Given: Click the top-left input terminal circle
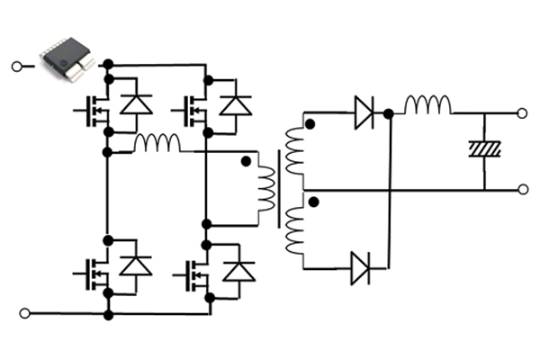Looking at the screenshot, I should [15, 67].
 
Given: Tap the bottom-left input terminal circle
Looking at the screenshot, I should [24, 313].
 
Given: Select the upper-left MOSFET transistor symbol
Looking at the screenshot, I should [93, 109].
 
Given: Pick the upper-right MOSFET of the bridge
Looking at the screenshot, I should [194, 109].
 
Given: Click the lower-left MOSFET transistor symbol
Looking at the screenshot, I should [93, 268].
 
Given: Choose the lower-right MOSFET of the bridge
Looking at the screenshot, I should [194, 270].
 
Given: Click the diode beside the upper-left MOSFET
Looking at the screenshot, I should [136, 104].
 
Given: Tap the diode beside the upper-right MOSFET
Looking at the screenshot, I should [237, 104].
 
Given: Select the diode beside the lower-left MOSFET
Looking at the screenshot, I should [136, 265].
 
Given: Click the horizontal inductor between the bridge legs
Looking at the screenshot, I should [157, 143].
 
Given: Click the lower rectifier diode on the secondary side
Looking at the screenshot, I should [362, 267].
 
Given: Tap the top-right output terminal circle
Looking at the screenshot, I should [523, 114].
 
